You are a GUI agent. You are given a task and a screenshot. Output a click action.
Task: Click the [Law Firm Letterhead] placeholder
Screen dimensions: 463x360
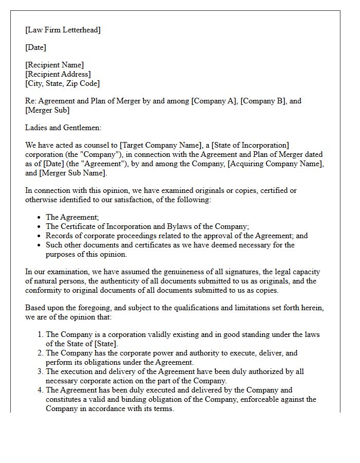[63, 30]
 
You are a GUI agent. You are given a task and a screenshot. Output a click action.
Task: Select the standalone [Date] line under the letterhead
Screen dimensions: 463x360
[35, 47]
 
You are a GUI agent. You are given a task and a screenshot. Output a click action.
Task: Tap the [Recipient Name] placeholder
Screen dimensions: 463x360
[55, 65]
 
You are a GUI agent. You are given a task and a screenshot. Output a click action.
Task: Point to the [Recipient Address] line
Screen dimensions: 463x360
[58, 74]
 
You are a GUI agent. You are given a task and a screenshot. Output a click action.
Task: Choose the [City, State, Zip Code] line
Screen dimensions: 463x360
[62, 83]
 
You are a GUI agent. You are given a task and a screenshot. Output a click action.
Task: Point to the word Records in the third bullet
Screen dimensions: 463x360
[60, 236]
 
